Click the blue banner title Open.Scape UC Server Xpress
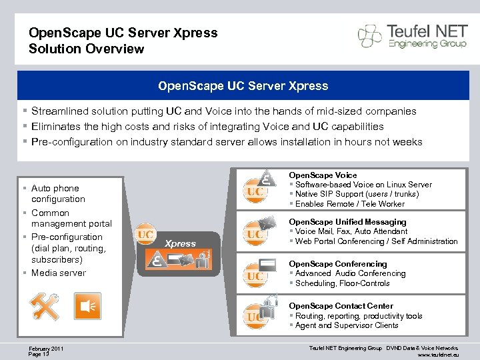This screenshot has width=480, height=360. pyautogui.click(x=243, y=86)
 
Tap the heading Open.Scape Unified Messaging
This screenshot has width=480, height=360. pyautogui.click(x=347, y=221)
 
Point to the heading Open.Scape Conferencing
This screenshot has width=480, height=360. pyautogui.click(x=337, y=264)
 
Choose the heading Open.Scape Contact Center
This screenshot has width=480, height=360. pyautogui.click(x=341, y=306)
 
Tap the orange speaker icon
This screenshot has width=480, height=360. pyautogui.click(x=87, y=305)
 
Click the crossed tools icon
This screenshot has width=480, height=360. pyautogui.click(x=44, y=307)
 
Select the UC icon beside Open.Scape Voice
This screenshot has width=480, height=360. pyautogui.click(x=255, y=191)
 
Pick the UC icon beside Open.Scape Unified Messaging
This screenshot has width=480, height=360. pyautogui.click(x=255, y=234)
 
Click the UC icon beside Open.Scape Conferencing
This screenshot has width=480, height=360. pyautogui.click(x=255, y=276)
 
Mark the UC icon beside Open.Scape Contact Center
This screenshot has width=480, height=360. pyautogui.click(x=255, y=317)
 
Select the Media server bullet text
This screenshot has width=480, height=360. pyautogui.click(x=59, y=273)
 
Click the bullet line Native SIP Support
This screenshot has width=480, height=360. pyautogui.click(x=357, y=194)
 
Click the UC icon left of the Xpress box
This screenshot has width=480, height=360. pyautogui.click(x=145, y=235)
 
